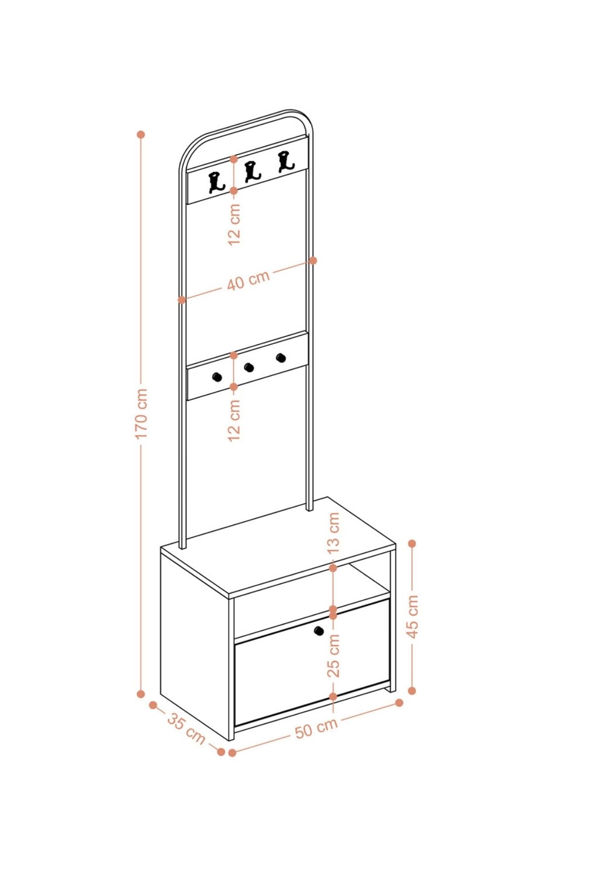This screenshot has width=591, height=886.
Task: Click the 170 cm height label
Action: (141, 413)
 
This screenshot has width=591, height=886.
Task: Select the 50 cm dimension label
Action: (317, 728)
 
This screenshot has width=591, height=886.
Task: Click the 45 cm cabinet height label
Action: (412, 616)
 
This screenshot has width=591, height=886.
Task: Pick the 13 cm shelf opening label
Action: (333, 533)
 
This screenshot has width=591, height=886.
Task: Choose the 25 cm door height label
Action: (333, 656)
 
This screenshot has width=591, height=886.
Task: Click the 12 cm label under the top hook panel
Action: (234, 224)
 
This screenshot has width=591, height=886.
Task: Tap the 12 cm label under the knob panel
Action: (234, 420)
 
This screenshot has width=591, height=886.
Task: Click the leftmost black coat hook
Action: (217, 182)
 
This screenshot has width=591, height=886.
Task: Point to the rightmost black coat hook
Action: (285, 161)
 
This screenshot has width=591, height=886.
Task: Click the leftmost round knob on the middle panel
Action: (217, 377)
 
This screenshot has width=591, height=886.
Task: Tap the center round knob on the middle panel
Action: (249, 367)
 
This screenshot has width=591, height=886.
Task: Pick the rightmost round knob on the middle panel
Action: (281, 358)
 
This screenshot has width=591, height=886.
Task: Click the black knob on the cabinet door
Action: (319, 631)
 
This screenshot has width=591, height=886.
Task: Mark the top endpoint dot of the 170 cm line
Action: (141, 134)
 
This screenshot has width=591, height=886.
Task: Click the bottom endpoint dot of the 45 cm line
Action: (412, 691)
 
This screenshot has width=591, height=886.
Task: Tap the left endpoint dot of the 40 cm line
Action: (182, 299)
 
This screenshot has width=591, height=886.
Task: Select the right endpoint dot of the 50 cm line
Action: (399, 702)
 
